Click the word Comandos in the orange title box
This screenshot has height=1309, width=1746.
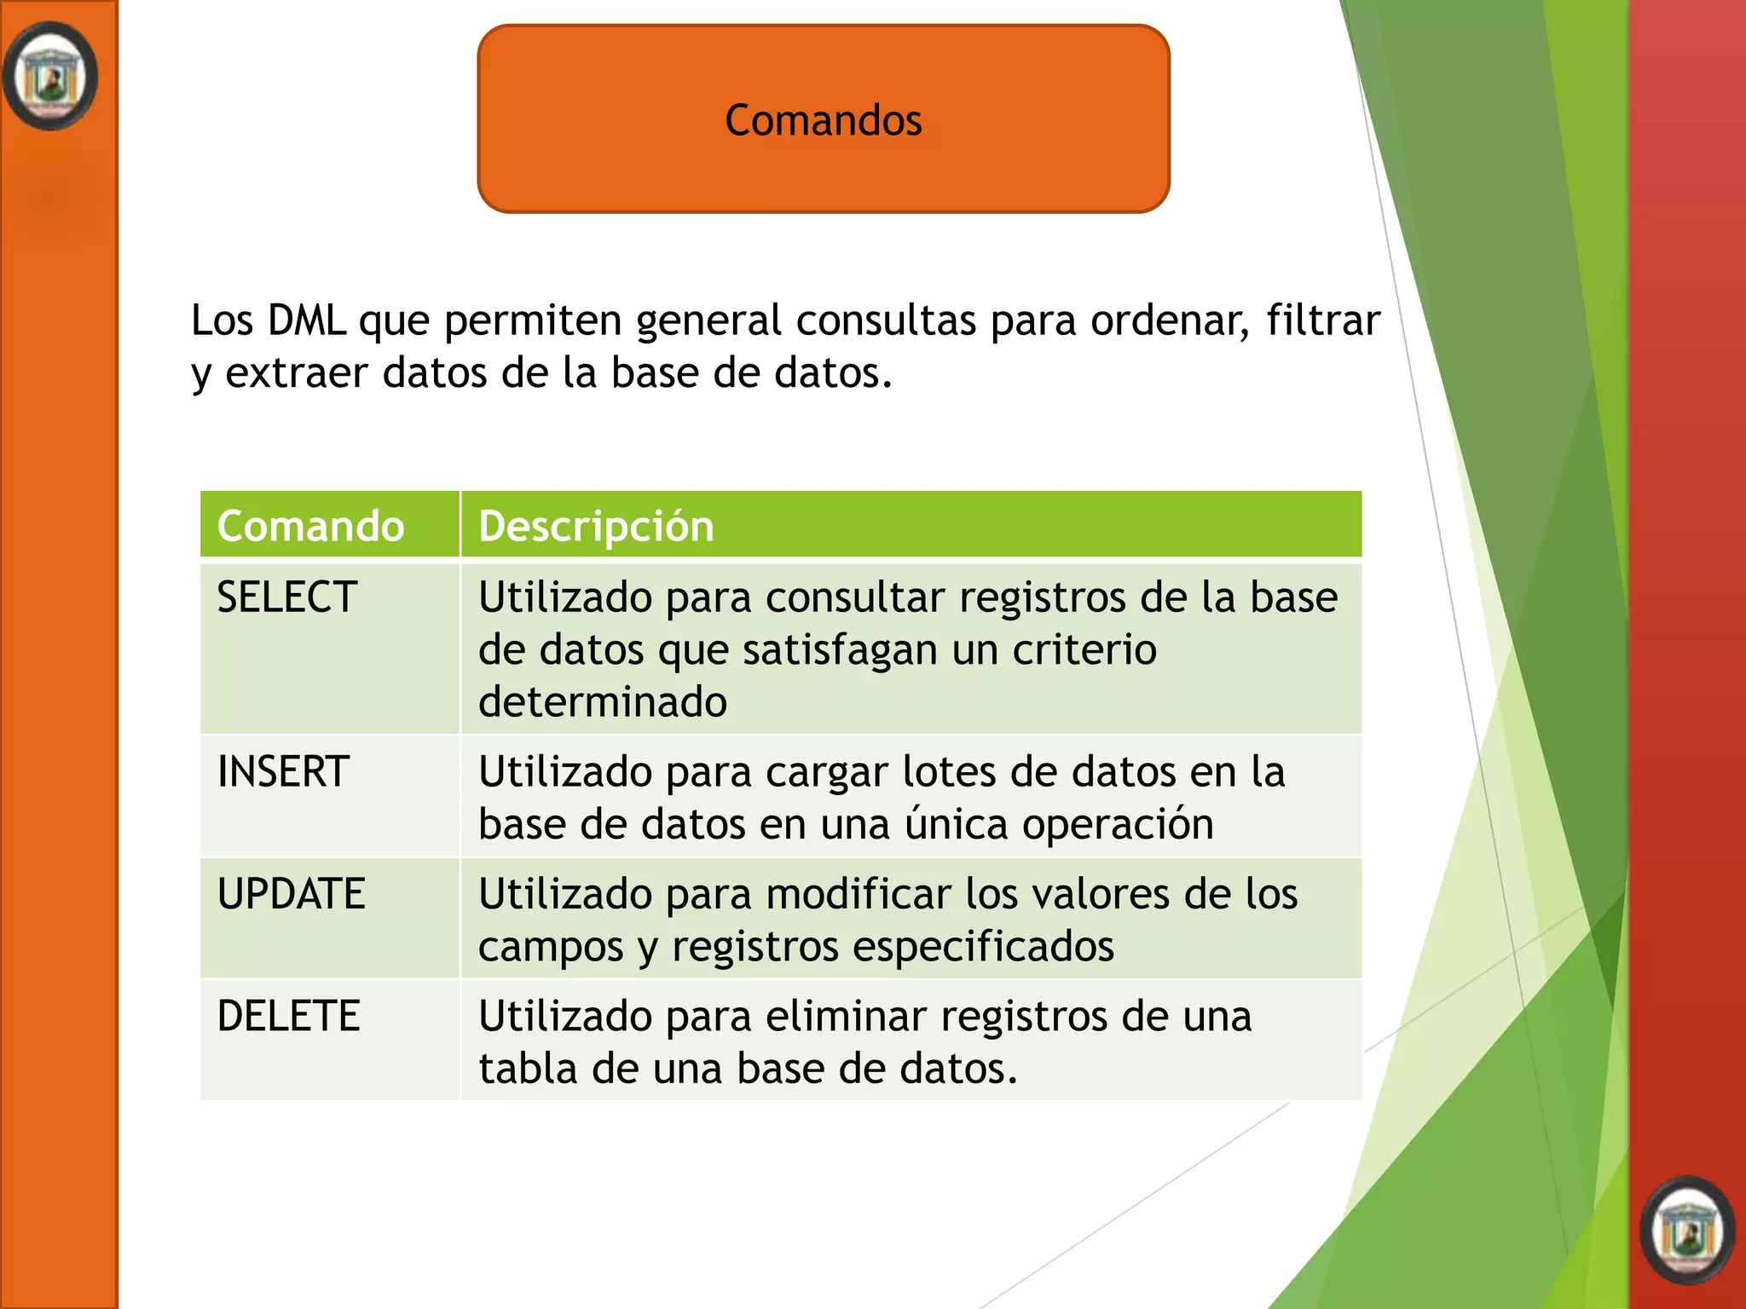pyautogui.click(x=823, y=120)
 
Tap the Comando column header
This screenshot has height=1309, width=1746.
pyautogui.click(x=310, y=526)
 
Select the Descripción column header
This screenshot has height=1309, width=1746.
pyautogui.click(x=596, y=526)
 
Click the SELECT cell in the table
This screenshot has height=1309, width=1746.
pyautogui.click(x=287, y=597)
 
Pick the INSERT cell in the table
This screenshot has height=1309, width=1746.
pyautogui.click(x=283, y=772)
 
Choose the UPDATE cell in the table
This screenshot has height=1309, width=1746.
pyautogui.click(x=291, y=894)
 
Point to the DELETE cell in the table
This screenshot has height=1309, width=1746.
pyautogui.click(x=288, y=1016)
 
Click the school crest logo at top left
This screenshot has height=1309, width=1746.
pyautogui.click(x=50, y=77)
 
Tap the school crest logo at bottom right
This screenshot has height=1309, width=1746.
pyautogui.click(x=1687, y=1231)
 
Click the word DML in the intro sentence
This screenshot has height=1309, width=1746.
pyautogui.click(x=306, y=320)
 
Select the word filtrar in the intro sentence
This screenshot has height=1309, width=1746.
pyautogui.click(x=1322, y=320)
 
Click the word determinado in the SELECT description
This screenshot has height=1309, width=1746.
pyautogui.click(x=602, y=702)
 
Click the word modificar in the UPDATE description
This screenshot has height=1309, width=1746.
pyautogui.click(x=858, y=894)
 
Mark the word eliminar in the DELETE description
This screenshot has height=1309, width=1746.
pyautogui.click(x=844, y=1016)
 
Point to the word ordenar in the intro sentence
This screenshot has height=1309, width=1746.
pyautogui.click(x=1170, y=320)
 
